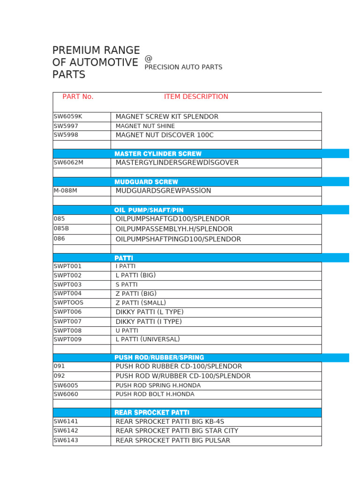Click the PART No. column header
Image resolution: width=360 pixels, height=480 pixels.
78,97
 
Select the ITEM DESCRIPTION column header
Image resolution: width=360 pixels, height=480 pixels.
196,97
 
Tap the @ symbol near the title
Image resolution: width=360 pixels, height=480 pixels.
149,58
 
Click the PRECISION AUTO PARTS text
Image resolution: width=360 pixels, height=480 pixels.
183,67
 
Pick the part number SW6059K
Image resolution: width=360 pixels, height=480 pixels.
67,116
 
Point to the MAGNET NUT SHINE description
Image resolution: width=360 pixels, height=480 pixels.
145,126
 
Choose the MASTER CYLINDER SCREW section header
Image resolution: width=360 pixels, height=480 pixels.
158,154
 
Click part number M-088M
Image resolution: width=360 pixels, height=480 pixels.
66,191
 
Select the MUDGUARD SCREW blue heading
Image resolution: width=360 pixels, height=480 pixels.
146,182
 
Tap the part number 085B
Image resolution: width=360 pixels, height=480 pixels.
61,229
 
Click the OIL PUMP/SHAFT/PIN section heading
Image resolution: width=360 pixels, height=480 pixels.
149,210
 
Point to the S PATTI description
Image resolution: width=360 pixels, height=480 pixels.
127,285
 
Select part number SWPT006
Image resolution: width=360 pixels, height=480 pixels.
67,312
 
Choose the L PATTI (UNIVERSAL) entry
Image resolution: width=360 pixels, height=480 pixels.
148,339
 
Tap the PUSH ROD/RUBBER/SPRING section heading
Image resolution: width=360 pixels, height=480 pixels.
159,358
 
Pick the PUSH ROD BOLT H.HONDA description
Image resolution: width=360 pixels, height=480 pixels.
155,394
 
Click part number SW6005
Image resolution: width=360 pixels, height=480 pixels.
66,385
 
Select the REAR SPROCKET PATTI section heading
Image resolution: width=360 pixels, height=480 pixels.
152,412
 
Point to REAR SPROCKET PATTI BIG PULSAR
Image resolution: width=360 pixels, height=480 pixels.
173,441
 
